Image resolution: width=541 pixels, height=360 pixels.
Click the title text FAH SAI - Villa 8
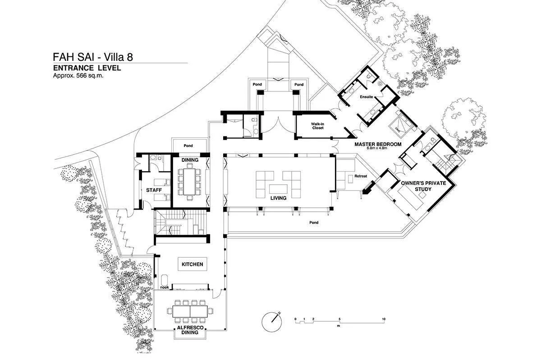click(x=93, y=57)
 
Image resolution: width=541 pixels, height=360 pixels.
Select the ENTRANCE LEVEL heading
click(x=87, y=68)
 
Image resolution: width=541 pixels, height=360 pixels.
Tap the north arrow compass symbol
click(x=272, y=320)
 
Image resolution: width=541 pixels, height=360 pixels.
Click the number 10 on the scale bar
click(x=383, y=319)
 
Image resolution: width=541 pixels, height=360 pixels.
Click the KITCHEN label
click(x=193, y=264)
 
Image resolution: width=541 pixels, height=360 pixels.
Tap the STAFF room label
click(x=154, y=190)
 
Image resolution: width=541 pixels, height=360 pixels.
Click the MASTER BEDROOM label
click(x=377, y=144)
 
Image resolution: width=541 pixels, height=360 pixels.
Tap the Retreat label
click(x=361, y=176)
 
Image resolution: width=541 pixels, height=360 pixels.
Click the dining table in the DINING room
click(x=189, y=181)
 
